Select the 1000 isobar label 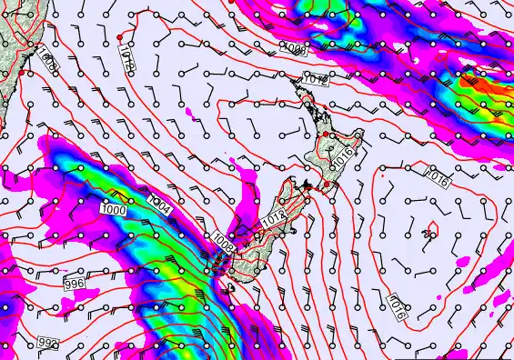tap(114, 210)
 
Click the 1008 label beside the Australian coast tap(49, 62)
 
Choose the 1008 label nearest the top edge tap(293, 46)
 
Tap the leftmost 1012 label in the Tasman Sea tap(126, 61)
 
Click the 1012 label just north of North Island tap(316, 80)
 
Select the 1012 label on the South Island tap(274, 219)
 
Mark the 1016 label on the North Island tap(343, 156)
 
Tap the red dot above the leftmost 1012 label tap(120, 37)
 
